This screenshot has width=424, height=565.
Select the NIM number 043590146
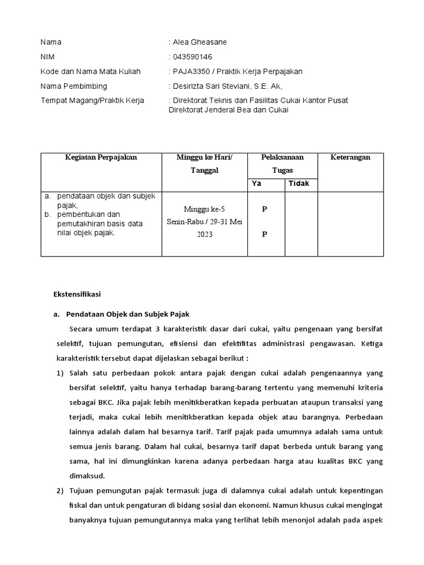click(192, 57)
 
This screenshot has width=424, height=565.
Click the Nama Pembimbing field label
click(74, 86)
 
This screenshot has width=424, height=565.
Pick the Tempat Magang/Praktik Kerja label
click(92, 100)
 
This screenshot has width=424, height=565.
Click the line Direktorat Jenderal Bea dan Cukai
click(228, 110)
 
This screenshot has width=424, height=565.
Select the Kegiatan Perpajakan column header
click(101, 157)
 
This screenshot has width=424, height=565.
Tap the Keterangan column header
click(350, 157)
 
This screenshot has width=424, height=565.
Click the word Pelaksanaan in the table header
click(282, 157)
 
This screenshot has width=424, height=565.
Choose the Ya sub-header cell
click(256, 184)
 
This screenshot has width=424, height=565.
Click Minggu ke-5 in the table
click(204, 210)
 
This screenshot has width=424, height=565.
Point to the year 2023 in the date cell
click(204, 234)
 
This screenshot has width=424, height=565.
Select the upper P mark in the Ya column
click(264, 209)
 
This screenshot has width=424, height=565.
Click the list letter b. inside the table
click(49, 214)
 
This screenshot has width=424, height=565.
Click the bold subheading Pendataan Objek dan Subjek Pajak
click(128, 314)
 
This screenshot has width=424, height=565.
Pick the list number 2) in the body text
click(60, 491)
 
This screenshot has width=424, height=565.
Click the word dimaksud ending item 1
click(87, 476)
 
